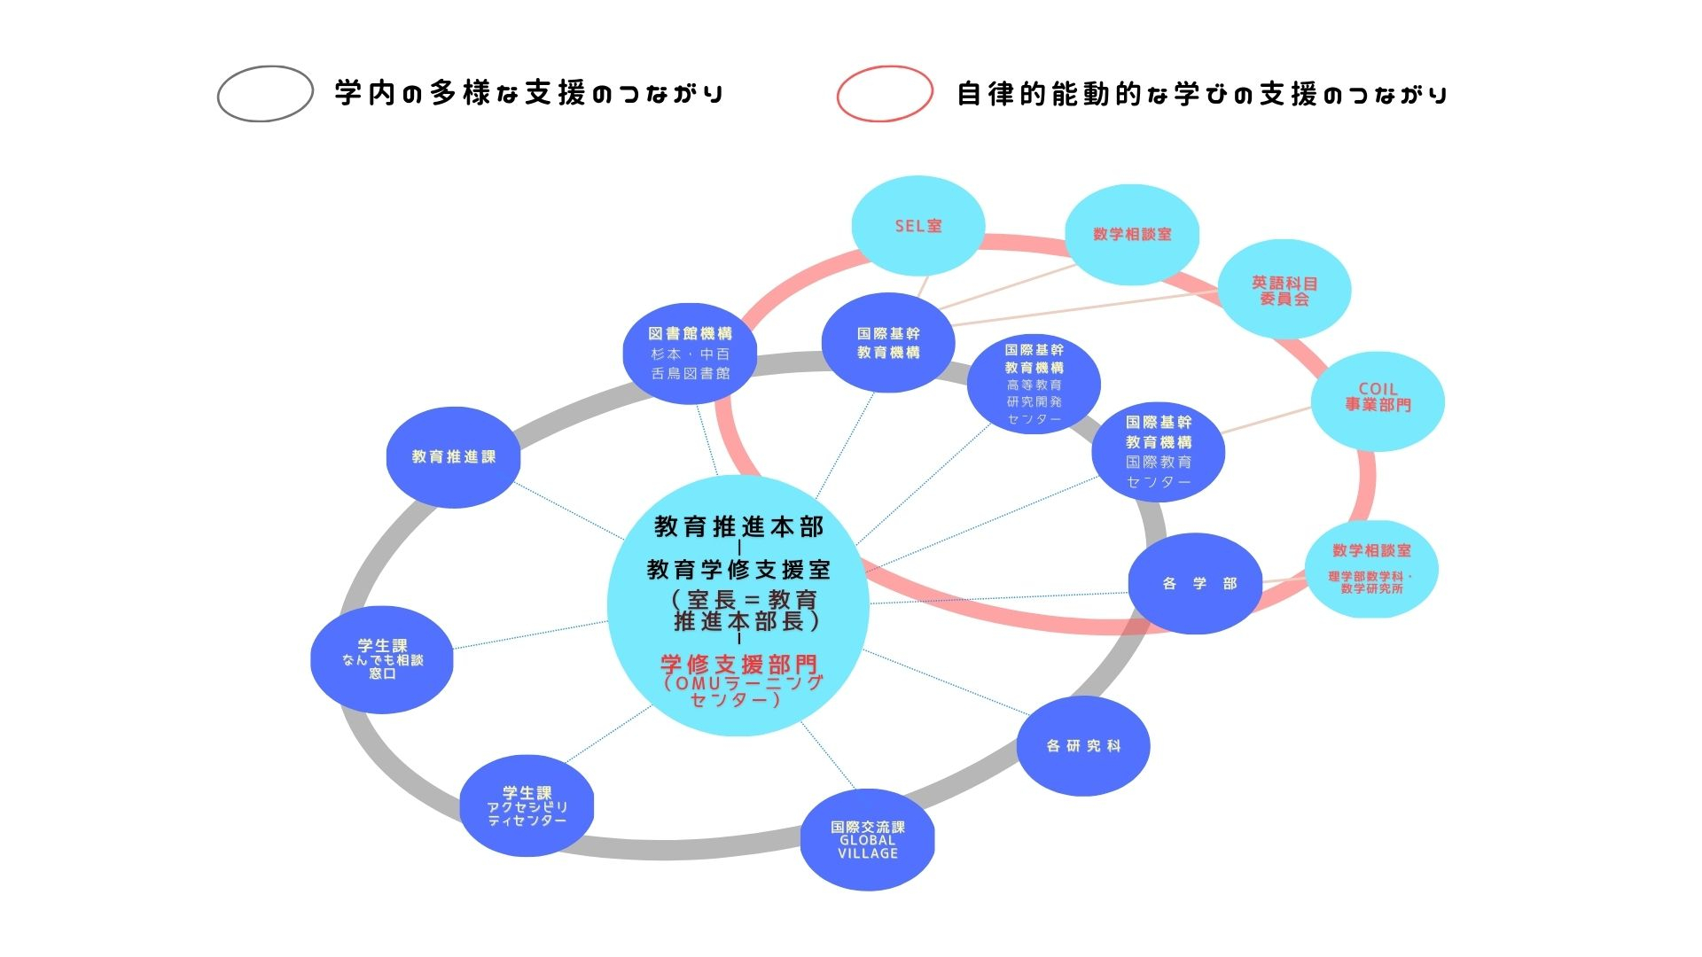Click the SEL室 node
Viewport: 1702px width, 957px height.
tap(917, 225)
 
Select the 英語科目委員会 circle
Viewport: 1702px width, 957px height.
tap(1284, 290)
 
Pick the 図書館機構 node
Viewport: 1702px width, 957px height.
tap(690, 354)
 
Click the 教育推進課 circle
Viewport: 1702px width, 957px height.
tap(453, 457)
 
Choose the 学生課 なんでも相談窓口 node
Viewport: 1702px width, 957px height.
tap(382, 659)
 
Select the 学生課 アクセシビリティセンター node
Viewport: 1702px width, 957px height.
tap(527, 805)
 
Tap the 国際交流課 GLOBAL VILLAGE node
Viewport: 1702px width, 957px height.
tap(867, 839)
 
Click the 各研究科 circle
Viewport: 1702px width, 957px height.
tap(1082, 746)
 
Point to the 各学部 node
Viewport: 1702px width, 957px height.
tap(1195, 583)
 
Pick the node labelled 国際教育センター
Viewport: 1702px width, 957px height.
tap(1158, 452)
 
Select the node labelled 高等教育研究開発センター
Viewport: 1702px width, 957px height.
tap(1034, 384)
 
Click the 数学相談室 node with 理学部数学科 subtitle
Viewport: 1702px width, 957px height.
tap(1370, 568)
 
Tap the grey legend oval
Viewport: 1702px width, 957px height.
tap(265, 93)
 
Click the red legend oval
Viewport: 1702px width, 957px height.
tap(885, 93)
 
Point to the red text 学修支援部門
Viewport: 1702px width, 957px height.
tap(738, 665)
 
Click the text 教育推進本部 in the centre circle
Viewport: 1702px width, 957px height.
tap(738, 527)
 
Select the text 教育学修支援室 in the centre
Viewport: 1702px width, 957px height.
tap(738, 569)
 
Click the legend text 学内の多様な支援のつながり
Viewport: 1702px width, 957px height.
tap(529, 93)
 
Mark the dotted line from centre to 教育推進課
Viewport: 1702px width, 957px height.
tap(569, 511)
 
